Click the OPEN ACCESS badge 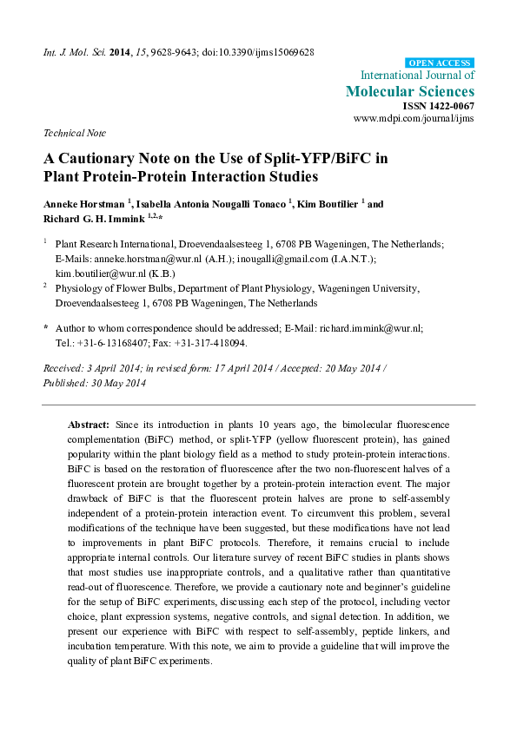(x=440, y=63)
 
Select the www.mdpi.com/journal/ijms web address (x=414, y=118)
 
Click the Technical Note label (x=75, y=134)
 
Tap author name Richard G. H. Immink (x=92, y=217)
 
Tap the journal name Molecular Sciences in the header (x=410, y=91)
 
